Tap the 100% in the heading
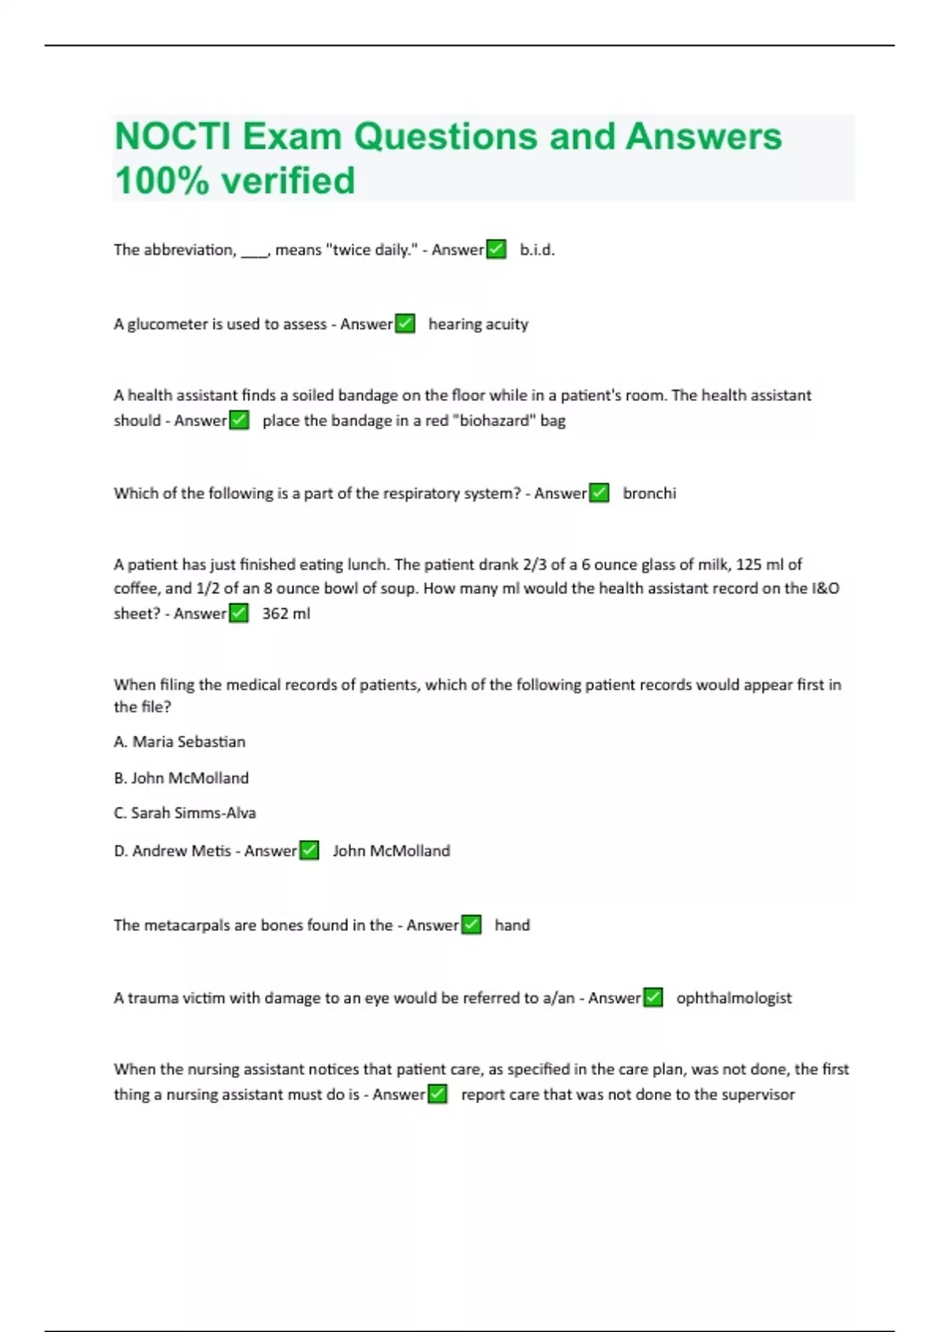click(161, 181)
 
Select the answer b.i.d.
click(537, 250)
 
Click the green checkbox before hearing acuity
click(405, 324)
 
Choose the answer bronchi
click(649, 494)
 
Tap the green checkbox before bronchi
click(599, 493)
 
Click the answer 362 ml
click(286, 614)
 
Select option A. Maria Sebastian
click(179, 742)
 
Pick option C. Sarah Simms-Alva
click(185, 813)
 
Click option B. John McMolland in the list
click(181, 778)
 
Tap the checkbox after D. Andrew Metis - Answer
click(309, 850)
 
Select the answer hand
click(512, 925)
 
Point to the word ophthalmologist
click(733, 998)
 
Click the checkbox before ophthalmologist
click(653, 997)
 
